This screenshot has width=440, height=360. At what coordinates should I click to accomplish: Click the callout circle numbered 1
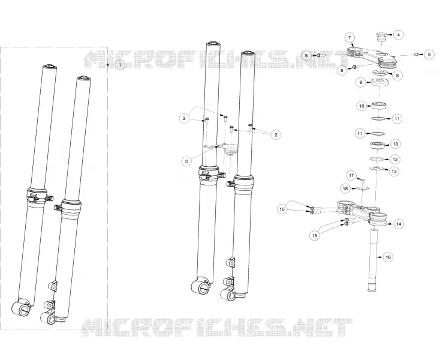(120, 65)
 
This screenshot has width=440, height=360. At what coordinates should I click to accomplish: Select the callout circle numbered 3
(186, 161)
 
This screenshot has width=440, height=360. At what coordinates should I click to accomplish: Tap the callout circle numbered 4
(399, 35)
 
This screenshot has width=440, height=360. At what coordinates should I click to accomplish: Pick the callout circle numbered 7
(349, 38)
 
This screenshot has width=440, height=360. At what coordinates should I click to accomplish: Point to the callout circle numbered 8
(397, 76)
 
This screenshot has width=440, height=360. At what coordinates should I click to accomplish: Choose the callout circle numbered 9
(361, 83)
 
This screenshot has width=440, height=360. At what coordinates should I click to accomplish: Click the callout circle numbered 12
(395, 160)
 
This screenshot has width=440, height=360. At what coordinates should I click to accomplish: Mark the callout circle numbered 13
(394, 171)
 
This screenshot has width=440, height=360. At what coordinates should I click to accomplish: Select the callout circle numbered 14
(399, 224)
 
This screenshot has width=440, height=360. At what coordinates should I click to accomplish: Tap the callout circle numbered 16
(388, 257)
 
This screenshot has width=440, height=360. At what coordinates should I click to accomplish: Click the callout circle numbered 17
(351, 176)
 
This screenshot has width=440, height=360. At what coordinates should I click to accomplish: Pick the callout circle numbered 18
(345, 188)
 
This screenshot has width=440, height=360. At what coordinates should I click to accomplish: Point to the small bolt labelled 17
(362, 180)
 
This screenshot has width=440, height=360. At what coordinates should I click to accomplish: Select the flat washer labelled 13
(376, 169)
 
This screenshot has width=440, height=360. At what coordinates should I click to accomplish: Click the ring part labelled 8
(380, 73)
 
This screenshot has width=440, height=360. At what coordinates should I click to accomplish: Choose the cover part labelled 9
(379, 83)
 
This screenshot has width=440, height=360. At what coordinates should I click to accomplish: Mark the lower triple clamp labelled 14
(362, 212)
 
